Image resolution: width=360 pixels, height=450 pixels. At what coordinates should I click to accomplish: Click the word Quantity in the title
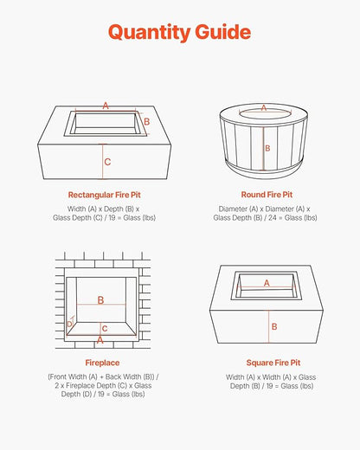[149, 33]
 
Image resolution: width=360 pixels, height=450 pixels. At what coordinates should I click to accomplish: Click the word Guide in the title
[223, 31]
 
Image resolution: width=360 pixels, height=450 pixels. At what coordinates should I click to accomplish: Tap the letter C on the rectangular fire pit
[107, 162]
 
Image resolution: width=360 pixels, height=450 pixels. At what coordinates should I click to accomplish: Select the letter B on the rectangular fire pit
[147, 121]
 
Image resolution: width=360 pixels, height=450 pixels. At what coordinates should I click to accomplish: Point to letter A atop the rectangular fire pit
[106, 106]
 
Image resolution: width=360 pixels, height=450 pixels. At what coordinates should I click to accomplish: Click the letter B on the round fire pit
[267, 148]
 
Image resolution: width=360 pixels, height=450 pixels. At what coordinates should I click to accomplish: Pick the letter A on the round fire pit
[264, 108]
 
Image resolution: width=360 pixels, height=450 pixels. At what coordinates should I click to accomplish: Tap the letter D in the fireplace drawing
[69, 325]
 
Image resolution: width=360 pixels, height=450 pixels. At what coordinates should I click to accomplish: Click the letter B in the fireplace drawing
[100, 300]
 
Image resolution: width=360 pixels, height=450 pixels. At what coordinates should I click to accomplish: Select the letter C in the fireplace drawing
[105, 329]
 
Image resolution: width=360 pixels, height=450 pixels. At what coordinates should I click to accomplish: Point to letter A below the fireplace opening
[100, 340]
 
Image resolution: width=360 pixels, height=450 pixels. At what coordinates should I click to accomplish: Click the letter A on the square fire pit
[267, 283]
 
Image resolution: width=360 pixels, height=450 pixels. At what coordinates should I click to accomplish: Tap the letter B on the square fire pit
[274, 326]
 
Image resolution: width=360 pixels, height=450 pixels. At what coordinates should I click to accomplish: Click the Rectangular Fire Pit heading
[105, 195]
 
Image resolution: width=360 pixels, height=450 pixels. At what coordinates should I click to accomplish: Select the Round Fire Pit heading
[267, 195]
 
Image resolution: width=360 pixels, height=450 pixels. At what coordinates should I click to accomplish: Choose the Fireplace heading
[102, 363]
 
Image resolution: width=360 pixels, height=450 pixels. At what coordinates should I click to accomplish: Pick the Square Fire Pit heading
[273, 363]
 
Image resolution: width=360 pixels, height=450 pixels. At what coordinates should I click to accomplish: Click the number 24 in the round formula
[273, 218]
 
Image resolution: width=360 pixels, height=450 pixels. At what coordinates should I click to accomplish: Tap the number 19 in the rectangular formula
[112, 218]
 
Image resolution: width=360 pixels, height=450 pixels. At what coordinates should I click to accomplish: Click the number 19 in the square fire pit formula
[269, 386]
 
